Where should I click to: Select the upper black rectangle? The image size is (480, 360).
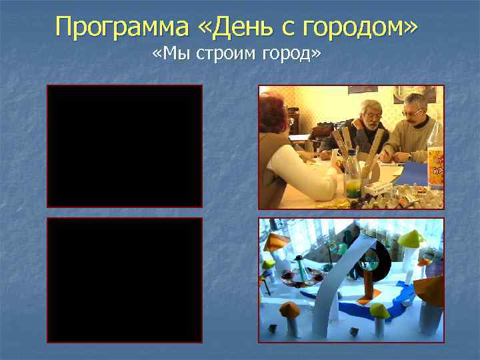click(x=124, y=146)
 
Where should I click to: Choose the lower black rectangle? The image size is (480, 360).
click(x=124, y=280)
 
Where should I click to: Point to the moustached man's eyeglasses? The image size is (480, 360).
click(x=413, y=113)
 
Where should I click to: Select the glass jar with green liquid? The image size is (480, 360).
click(x=353, y=180)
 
